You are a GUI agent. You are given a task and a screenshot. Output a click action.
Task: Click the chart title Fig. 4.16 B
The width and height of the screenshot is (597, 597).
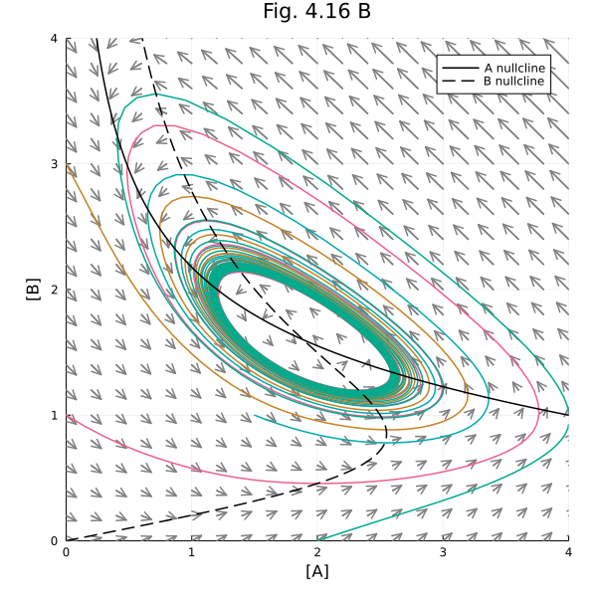316,12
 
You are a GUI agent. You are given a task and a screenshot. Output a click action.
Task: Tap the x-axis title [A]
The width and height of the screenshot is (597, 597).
316,571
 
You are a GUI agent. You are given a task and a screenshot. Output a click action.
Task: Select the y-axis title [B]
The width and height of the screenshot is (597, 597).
33,290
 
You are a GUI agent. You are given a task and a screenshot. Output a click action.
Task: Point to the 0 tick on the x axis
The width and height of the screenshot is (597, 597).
67,550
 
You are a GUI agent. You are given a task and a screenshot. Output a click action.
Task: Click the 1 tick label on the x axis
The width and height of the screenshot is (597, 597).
192,550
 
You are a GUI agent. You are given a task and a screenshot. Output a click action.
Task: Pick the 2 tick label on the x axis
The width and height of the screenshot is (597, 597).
317,550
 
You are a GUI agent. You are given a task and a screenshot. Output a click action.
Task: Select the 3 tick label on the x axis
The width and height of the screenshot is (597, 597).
443,550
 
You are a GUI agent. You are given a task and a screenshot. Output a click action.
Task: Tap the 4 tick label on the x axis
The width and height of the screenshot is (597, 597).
568,550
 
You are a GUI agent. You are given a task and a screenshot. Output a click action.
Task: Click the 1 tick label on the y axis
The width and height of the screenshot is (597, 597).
56,415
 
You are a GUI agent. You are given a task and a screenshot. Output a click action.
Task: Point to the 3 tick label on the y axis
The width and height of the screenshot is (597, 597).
56,164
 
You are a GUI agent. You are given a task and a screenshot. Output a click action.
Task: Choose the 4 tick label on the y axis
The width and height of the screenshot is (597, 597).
56,39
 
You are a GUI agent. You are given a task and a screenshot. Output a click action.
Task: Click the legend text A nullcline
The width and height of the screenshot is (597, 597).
514,67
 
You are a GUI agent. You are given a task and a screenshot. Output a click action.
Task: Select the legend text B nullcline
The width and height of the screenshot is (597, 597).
514,81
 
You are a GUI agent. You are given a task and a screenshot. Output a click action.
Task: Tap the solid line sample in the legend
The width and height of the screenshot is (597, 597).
459,67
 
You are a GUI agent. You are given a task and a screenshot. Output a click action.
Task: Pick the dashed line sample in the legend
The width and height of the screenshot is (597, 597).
459,81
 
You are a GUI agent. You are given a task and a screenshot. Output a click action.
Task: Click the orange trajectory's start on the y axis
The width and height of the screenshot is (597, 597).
68,165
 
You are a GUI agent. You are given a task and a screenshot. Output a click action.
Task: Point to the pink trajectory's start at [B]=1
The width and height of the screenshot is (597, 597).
68,415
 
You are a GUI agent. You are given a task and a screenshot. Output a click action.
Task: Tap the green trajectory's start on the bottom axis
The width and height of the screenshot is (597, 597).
317,539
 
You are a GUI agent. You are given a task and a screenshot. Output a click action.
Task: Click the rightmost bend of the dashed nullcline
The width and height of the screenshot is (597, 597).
386,434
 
